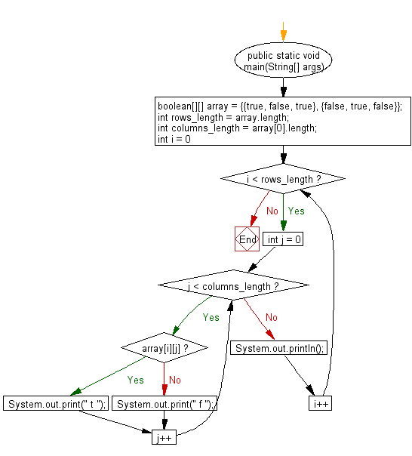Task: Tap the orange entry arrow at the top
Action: (x=283, y=34)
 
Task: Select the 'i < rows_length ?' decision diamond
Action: (x=282, y=179)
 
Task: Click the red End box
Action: (x=247, y=239)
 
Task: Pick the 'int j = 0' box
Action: (x=283, y=239)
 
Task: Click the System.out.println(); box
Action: (x=279, y=348)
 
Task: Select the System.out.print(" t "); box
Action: (x=57, y=404)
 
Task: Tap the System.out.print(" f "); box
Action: (x=164, y=404)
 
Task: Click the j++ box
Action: (x=164, y=437)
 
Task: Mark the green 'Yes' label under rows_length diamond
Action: (x=297, y=211)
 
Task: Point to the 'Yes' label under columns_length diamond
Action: (x=211, y=317)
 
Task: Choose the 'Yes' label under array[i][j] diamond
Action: (x=135, y=380)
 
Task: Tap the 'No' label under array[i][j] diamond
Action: (x=175, y=380)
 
